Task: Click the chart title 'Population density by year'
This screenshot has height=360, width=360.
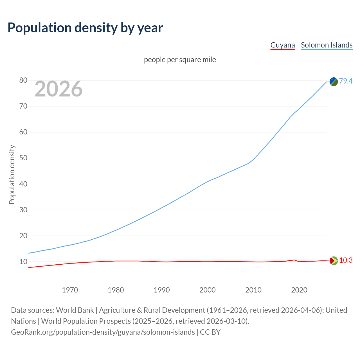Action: click(85, 28)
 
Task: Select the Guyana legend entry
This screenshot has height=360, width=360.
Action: click(282, 45)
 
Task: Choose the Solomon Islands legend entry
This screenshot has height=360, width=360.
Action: click(327, 45)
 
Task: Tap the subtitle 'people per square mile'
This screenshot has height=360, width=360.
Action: click(180, 60)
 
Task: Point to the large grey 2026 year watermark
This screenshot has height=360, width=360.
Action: click(58, 89)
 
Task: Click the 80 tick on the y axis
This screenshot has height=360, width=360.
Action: click(23, 80)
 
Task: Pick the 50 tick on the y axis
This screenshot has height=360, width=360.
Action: click(23, 158)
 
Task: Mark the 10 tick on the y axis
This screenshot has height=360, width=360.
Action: click(23, 262)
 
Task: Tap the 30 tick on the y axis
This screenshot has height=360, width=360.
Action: click(23, 210)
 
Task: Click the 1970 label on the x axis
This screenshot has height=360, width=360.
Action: click(70, 290)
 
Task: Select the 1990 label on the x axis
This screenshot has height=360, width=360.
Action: click(162, 290)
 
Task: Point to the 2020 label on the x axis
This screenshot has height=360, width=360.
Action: click(299, 290)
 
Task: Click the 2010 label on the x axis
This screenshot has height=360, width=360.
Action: click(253, 290)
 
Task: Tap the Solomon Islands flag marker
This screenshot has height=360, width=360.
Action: click(334, 82)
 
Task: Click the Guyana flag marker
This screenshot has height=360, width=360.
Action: click(334, 261)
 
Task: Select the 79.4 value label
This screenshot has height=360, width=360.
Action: click(346, 81)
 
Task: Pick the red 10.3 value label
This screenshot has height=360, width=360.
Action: click(346, 260)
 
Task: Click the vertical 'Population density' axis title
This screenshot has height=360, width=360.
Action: click(12, 174)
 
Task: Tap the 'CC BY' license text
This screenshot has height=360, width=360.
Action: click(210, 332)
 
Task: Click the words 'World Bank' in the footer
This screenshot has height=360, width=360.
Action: click(75, 310)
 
